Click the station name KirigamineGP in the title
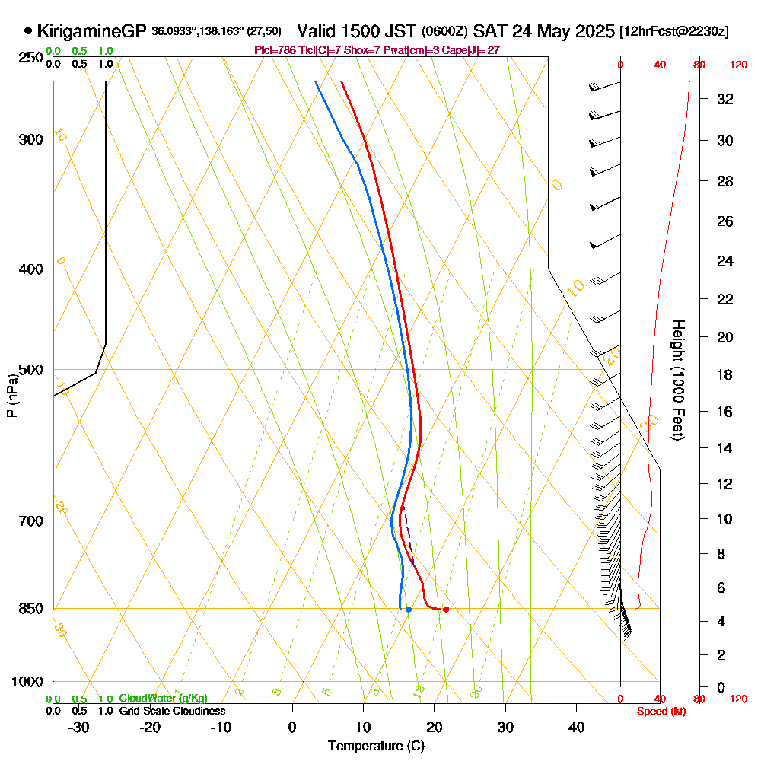point(91,31)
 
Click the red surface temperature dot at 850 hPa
point(445,609)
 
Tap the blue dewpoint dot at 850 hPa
point(409,609)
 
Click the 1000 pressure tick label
point(27,682)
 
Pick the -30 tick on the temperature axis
point(79,728)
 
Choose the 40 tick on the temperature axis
point(577,728)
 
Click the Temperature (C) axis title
point(376,746)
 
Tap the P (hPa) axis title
point(11,395)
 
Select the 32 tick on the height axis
point(725,99)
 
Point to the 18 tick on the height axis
point(725,374)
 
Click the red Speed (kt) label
point(659,711)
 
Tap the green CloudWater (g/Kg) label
point(163,699)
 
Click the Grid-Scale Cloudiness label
point(171,711)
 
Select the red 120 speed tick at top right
point(737,65)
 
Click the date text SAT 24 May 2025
point(543,31)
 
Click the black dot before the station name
point(28,31)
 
